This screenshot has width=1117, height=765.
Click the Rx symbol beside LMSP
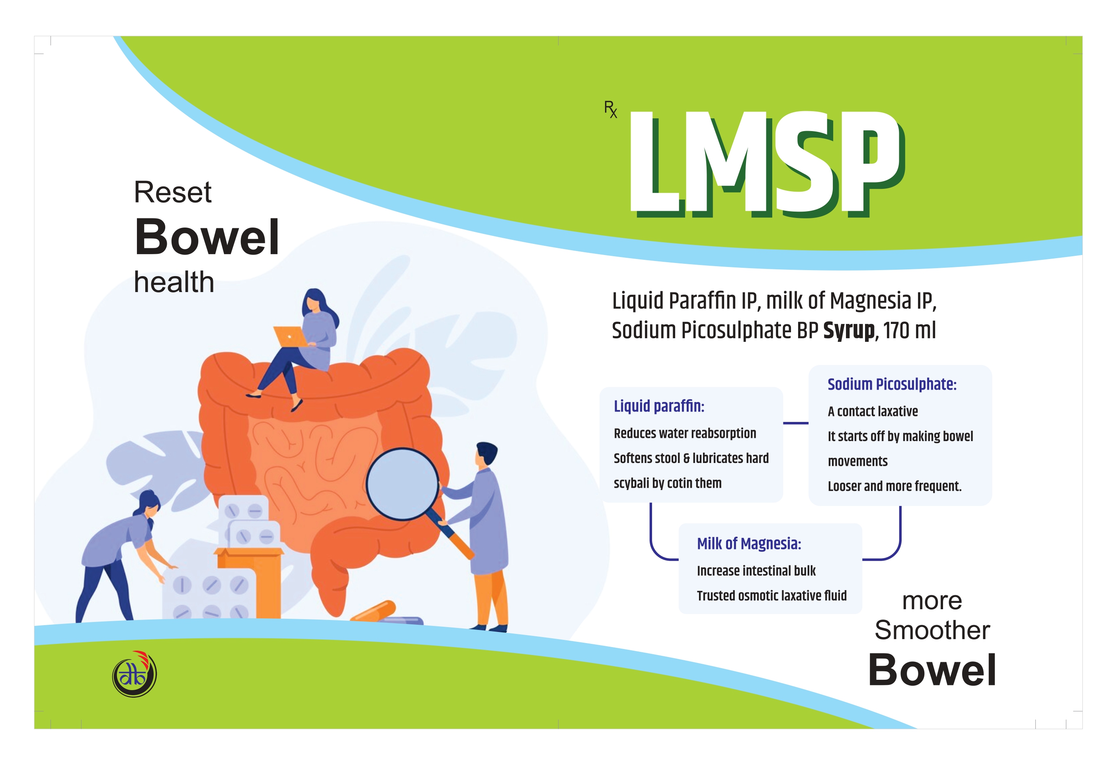click(x=610, y=109)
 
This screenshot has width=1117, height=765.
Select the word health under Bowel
click(x=174, y=282)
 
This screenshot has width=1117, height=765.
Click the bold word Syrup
click(x=849, y=331)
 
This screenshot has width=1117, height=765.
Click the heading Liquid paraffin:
click(x=659, y=406)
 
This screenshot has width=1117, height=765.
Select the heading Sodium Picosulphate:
click(x=892, y=384)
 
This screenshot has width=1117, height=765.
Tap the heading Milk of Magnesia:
click(x=749, y=544)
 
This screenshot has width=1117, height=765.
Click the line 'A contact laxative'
click(x=872, y=411)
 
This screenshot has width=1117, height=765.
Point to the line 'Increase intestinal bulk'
click(x=756, y=571)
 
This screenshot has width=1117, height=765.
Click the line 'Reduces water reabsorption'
click(x=685, y=433)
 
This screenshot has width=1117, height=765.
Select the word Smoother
click(x=932, y=630)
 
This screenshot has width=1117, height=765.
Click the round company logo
click(x=135, y=674)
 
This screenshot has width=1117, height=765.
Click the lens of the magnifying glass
click(x=402, y=484)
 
